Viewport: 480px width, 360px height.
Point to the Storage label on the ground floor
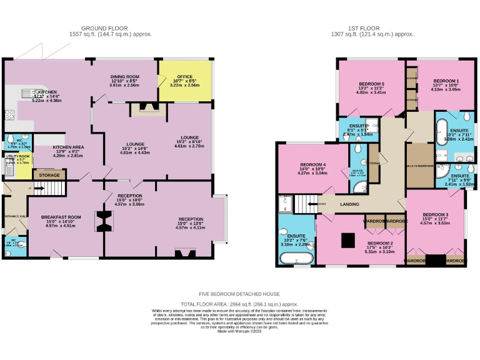pyautogui.click(x=49, y=176)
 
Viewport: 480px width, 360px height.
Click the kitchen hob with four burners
pyautogui.click(x=9, y=115)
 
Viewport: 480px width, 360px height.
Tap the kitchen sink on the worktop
pyautogui.click(x=27, y=94)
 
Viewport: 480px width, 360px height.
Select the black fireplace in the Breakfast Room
pyautogui.click(x=101, y=221)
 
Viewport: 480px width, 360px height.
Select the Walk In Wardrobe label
pyautogui.click(x=419, y=166)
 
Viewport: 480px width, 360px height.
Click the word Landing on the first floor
pyautogui.click(x=348, y=204)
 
